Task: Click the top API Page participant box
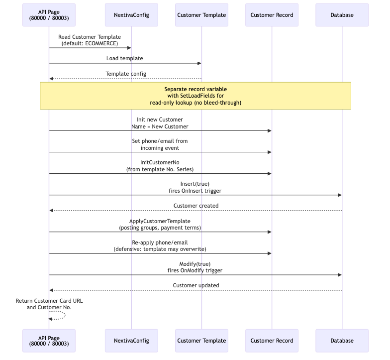pos(49,15)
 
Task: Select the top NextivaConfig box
pos(131,15)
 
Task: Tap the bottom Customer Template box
pos(201,341)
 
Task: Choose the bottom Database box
pos(342,341)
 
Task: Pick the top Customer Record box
pos(272,15)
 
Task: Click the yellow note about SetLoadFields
pos(195,96)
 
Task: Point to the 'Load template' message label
pos(124,58)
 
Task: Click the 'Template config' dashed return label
pos(126,74)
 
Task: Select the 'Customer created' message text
pos(195,205)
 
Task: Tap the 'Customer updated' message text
pos(195,285)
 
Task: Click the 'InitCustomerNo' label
pos(160,162)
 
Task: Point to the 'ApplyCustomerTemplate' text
pos(160,221)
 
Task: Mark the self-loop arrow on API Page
pos(59,315)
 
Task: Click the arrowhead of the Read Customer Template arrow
pos(129,48)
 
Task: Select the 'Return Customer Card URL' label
pos(49,301)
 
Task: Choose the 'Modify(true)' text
pos(195,263)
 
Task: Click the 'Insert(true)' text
pos(195,184)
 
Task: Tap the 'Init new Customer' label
pos(160,120)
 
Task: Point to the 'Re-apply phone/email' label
pos(160,242)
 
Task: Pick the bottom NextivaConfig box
pos(131,341)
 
